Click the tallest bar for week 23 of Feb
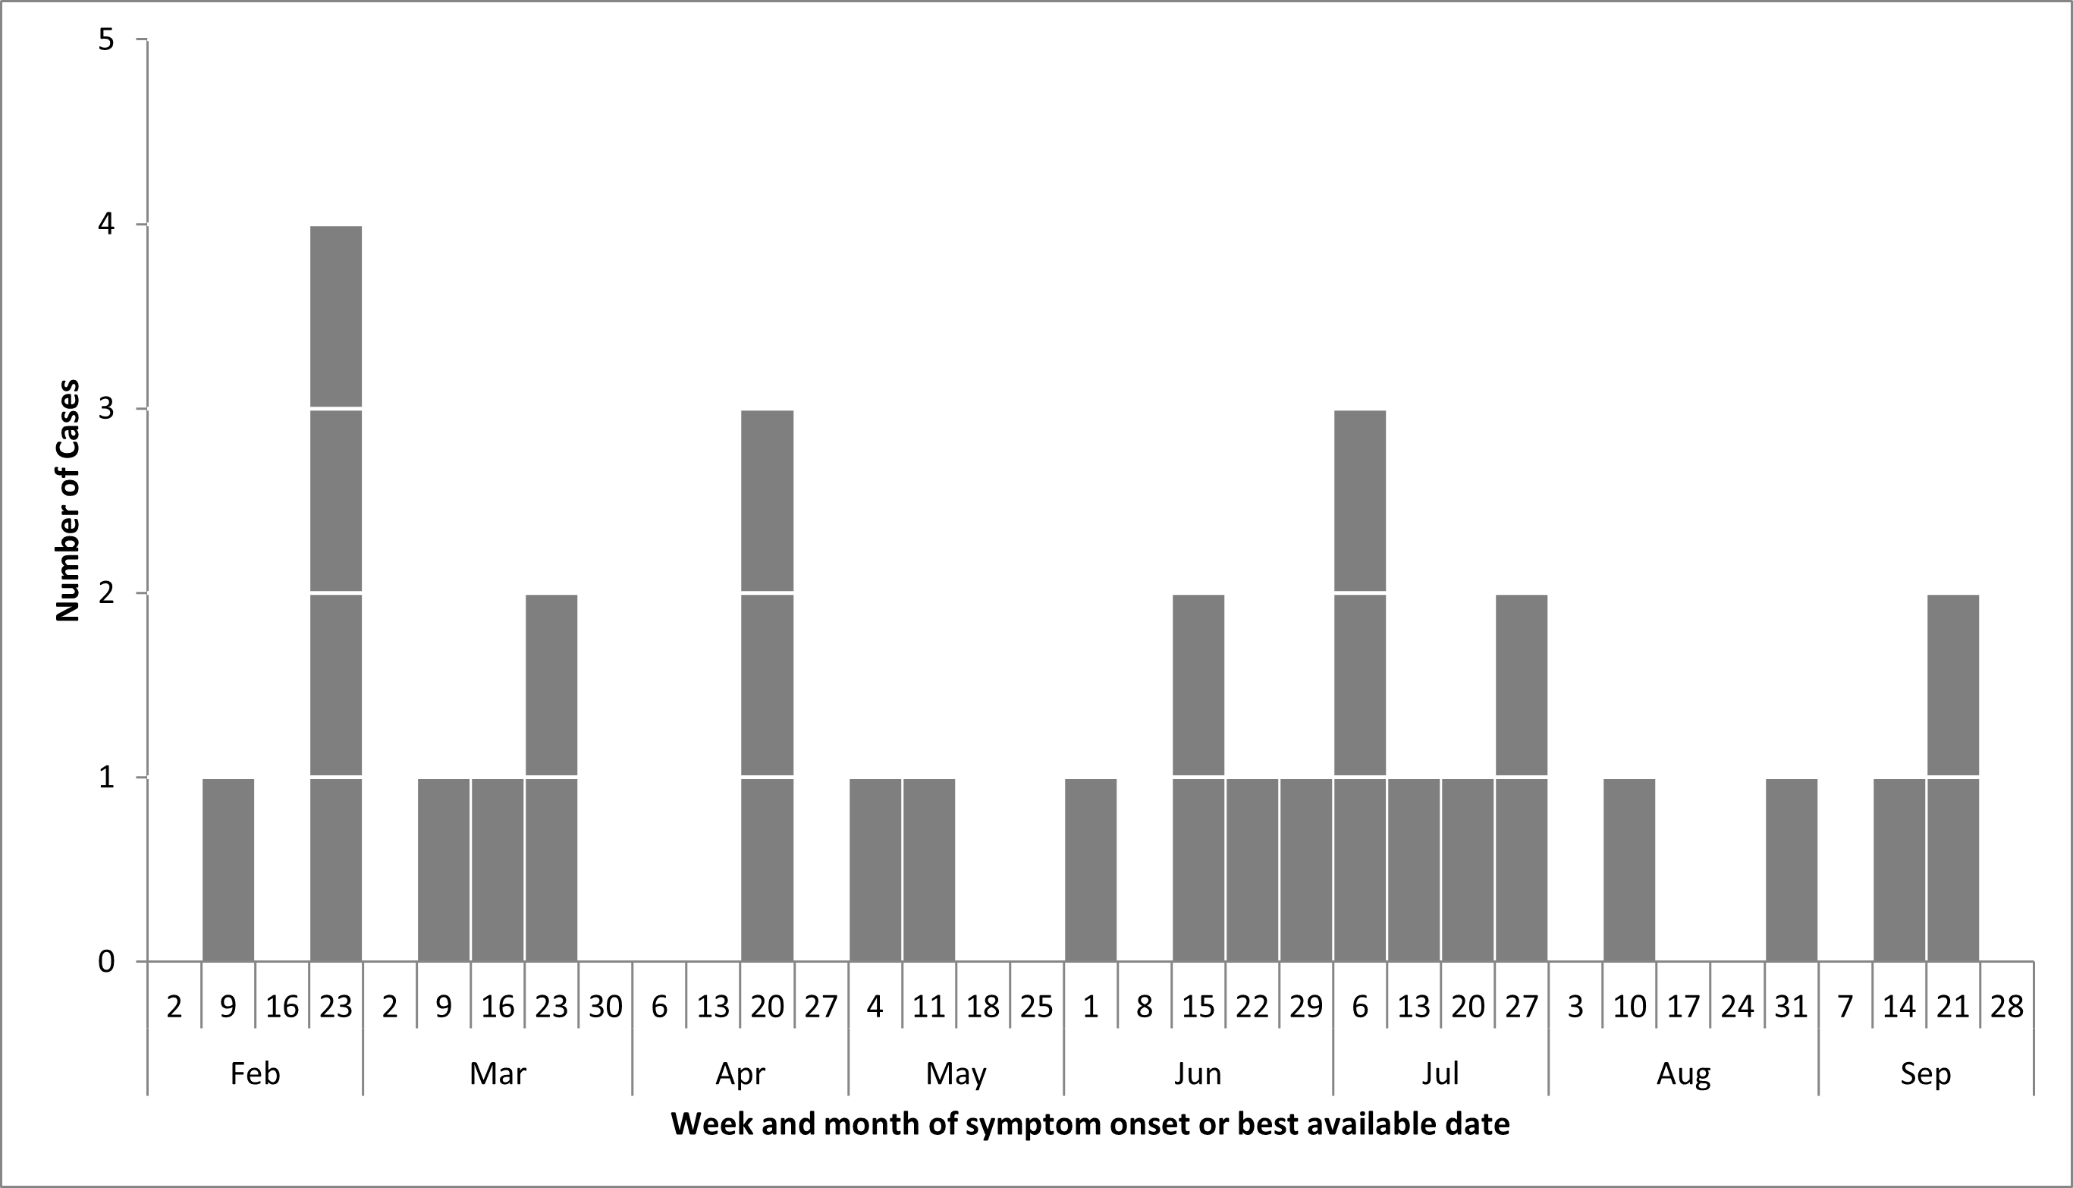coord(336,593)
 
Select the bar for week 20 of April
coord(767,685)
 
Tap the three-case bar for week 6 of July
coord(1359,685)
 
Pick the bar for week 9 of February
coord(228,870)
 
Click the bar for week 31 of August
coord(1792,870)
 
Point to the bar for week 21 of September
coord(1953,778)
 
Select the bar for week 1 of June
coord(1091,870)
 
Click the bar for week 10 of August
coord(1629,870)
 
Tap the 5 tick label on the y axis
coord(106,39)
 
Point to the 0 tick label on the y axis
coord(106,962)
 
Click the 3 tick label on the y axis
coord(106,409)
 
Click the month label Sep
coord(1925,1073)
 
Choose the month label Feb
coord(255,1073)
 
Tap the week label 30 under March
coord(605,1007)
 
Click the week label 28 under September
coord(2006,1007)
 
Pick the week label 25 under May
coord(1036,1007)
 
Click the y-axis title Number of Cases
coord(68,501)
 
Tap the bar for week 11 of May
coord(928,870)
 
